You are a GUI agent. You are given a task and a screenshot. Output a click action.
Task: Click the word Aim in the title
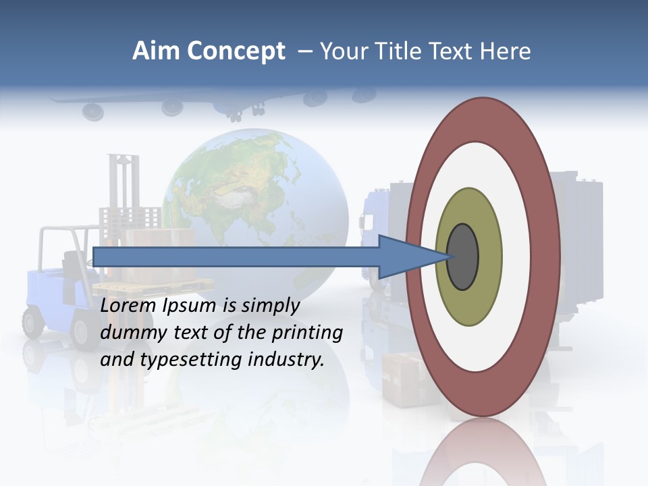point(155,51)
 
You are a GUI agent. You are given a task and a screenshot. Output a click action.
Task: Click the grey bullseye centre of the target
point(462,256)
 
